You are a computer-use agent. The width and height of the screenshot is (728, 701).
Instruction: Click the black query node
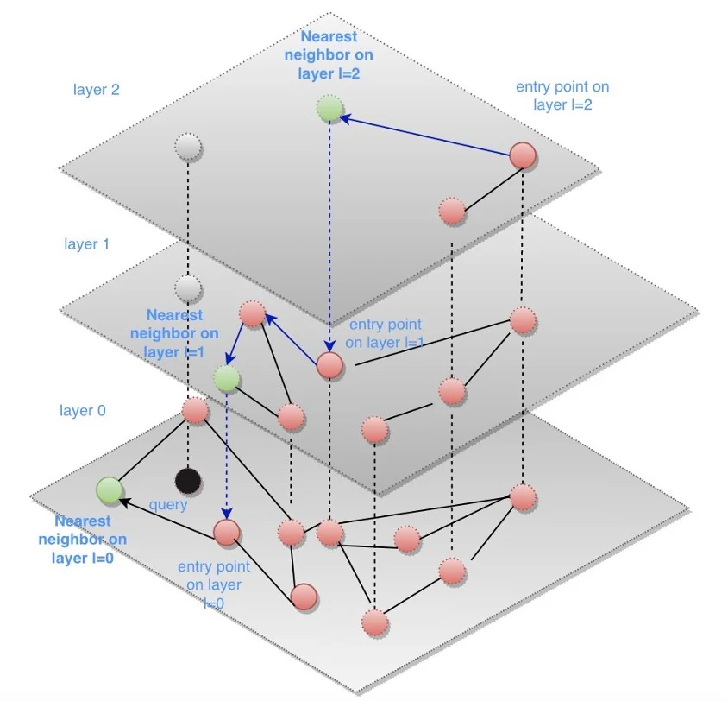(x=187, y=480)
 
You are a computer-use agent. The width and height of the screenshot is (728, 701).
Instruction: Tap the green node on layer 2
(x=329, y=110)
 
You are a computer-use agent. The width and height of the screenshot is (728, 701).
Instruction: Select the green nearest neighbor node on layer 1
(x=226, y=377)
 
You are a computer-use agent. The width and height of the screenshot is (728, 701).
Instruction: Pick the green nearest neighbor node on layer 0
(x=110, y=489)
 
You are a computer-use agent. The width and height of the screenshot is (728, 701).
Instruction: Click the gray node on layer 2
(x=187, y=147)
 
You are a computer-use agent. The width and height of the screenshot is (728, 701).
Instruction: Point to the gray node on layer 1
(x=187, y=287)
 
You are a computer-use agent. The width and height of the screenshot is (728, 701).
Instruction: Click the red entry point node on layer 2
(x=523, y=155)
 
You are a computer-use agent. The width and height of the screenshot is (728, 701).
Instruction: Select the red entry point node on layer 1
(x=329, y=364)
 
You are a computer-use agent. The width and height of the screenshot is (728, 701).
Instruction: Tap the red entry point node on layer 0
(x=226, y=531)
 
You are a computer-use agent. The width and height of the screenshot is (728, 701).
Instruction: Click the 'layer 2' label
(x=97, y=89)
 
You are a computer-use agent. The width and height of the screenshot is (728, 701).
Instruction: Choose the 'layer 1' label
(x=86, y=244)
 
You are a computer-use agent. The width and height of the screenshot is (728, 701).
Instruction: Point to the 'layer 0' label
(x=83, y=411)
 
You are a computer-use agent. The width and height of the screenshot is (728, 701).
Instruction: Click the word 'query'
(x=168, y=504)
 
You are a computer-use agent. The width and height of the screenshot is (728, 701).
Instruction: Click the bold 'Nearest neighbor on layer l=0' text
(x=83, y=540)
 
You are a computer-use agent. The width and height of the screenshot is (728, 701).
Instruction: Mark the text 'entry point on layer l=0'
(x=213, y=585)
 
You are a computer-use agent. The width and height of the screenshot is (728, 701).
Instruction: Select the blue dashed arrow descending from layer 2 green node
(x=329, y=233)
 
